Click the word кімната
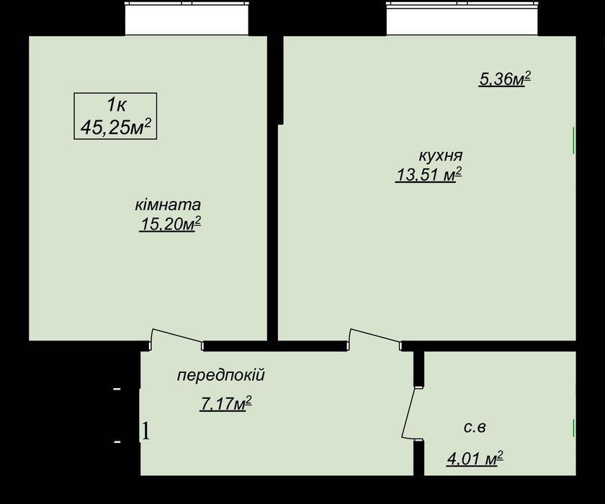(x=168, y=204)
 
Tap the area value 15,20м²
(x=170, y=224)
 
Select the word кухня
(x=441, y=156)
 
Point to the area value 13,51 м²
(x=429, y=174)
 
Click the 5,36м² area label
(x=505, y=79)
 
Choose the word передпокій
(x=221, y=375)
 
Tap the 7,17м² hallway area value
(x=225, y=404)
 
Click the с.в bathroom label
(x=474, y=427)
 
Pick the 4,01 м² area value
(x=475, y=459)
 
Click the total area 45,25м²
(x=115, y=127)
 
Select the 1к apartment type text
(x=117, y=104)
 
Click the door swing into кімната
(x=176, y=336)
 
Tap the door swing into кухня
(x=375, y=336)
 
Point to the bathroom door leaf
(x=408, y=413)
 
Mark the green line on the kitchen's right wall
(x=574, y=140)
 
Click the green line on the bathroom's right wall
(x=574, y=428)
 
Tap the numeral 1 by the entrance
(x=145, y=431)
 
